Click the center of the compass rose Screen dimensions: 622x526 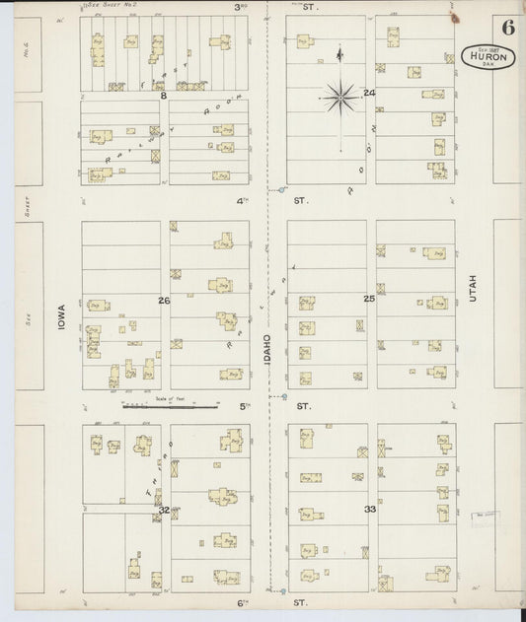(x=340, y=96)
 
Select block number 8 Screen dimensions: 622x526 (x=164, y=96)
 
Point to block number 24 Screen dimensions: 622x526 (x=369, y=93)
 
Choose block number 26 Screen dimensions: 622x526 (x=164, y=300)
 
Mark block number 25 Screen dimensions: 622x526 (x=369, y=298)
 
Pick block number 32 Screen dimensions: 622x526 (x=164, y=510)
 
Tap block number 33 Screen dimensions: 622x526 (x=370, y=510)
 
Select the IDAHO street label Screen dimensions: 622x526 (x=267, y=350)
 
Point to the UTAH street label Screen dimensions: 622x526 (x=473, y=287)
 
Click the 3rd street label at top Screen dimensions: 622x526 (x=239, y=7)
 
